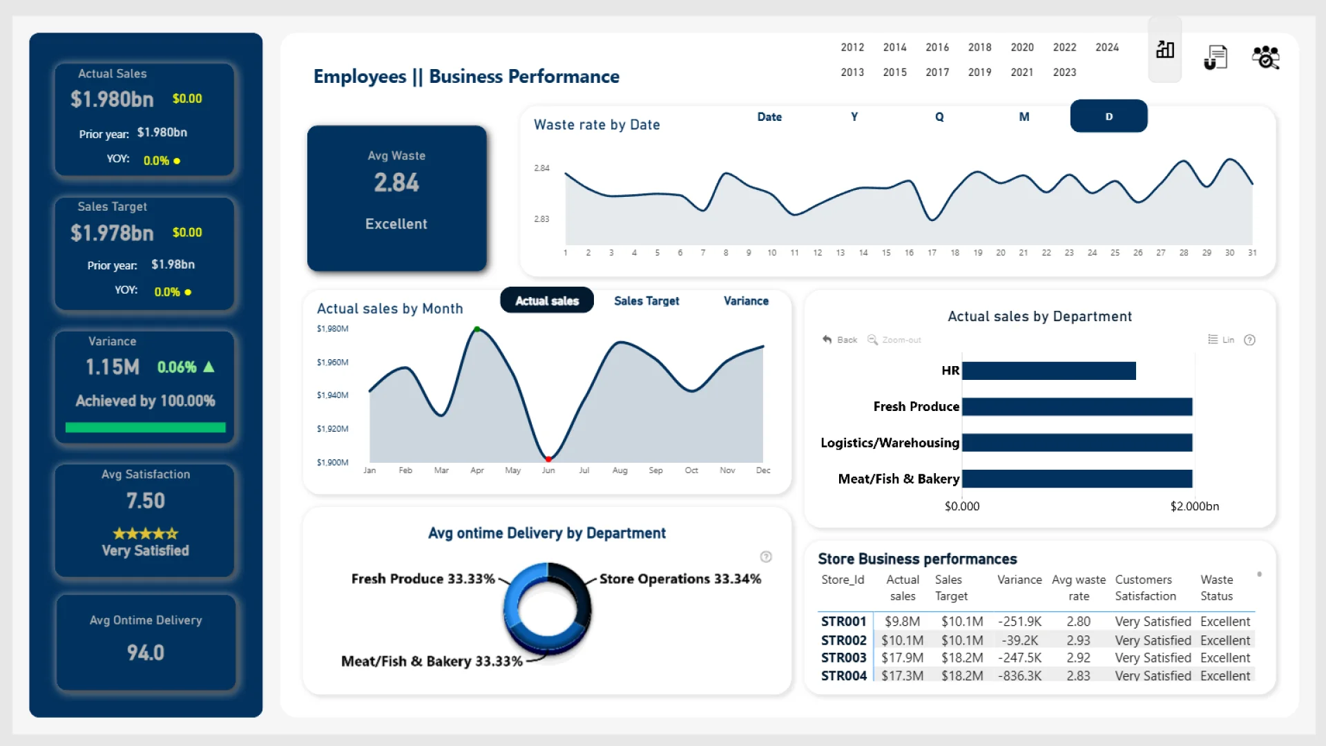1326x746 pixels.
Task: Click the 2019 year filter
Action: point(979,73)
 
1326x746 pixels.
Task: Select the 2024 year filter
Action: point(1106,48)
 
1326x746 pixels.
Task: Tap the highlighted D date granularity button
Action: point(1108,117)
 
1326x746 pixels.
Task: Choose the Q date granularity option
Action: point(939,117)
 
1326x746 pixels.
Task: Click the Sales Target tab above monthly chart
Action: point(646,301)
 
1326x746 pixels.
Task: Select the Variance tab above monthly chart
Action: point(746,301)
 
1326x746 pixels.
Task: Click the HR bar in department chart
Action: point(1048,371)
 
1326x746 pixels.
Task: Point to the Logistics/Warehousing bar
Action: point(1077,443)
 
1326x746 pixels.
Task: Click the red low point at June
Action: point(548,459)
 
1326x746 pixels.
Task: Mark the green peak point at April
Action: point(477,329)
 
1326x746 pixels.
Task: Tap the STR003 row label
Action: point(843,658)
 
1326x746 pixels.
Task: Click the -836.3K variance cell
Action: point(1019,676)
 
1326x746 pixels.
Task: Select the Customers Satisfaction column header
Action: point(1145,588)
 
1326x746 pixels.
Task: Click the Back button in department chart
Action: point(840,340)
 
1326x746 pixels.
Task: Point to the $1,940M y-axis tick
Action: point(332,395)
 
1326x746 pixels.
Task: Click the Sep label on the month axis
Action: point(655,470)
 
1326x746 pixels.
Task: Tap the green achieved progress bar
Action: point(145,428)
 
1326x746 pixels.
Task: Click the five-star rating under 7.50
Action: point(145,533)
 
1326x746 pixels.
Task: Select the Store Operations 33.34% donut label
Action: point(680,579)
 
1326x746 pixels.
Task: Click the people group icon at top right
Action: point(1265,57)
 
